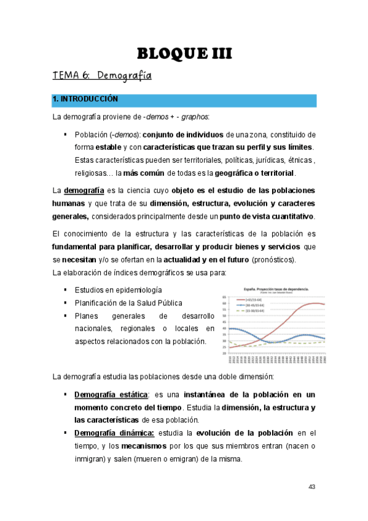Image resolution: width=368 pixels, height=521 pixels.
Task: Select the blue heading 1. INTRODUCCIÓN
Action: coord(85,99)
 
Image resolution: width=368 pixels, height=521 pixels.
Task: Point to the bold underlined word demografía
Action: coord(83,190)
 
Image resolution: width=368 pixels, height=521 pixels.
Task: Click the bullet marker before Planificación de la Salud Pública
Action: coord(65,303)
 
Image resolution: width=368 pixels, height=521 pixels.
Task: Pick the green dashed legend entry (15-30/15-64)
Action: coord(243,311)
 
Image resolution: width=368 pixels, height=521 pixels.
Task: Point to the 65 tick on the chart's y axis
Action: coord(224,296)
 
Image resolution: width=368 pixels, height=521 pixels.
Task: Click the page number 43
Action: coord(311,487)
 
